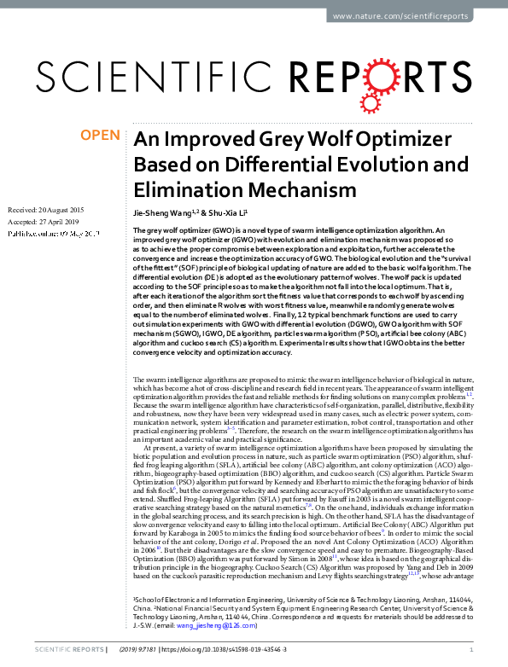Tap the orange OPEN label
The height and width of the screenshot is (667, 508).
pos(101,136)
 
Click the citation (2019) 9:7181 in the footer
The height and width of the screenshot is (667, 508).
pos(175,650)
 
